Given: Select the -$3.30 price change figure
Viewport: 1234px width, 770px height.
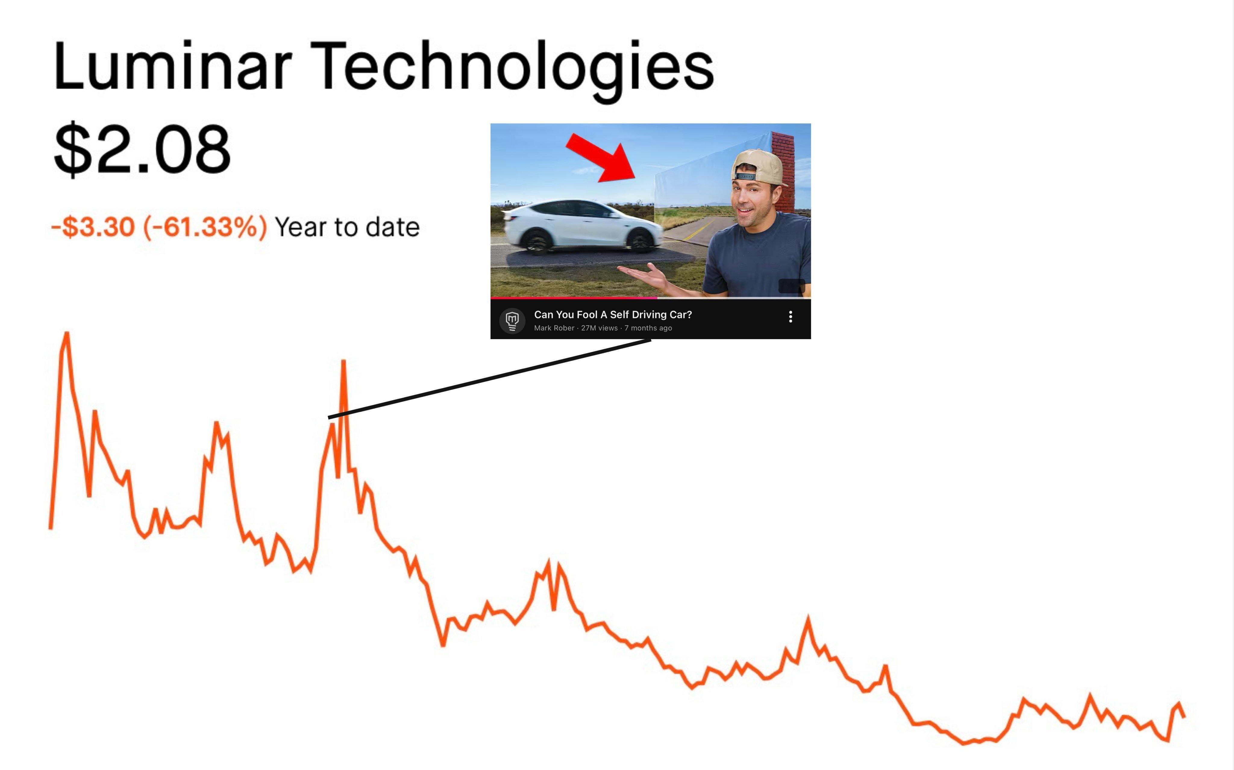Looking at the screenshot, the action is [93, 227].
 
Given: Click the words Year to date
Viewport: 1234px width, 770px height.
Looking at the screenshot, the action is [347, 227].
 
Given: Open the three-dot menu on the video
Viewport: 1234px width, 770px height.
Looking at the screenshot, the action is [790, 317].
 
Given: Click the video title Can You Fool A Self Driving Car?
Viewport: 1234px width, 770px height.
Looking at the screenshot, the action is [613, 314].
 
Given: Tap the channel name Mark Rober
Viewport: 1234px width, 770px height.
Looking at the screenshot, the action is [554, 328].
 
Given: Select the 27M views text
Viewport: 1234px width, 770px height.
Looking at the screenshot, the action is [599, 328].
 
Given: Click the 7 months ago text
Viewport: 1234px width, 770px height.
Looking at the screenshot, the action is [648, 328].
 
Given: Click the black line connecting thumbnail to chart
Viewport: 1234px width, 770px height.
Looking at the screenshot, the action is [490, 379].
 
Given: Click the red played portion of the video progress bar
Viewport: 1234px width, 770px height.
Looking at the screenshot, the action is [574, 298].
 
